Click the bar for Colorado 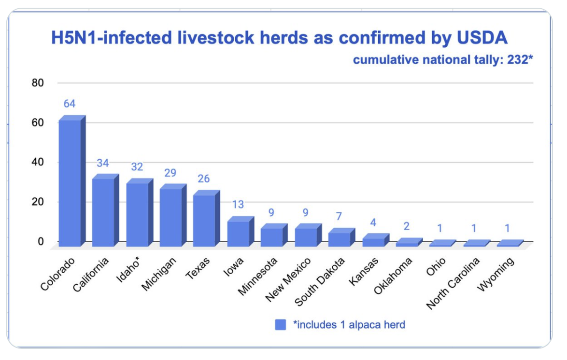click(70, 183)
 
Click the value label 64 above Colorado click(70, 104)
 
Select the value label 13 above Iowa click(238, 205)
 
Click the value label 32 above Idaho click(137, 167)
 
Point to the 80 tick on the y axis click(38, 83)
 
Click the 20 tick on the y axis click(38, 202)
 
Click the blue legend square click(281, 325)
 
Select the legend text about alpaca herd click(349, 325)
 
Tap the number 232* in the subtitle click(519, 60)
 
